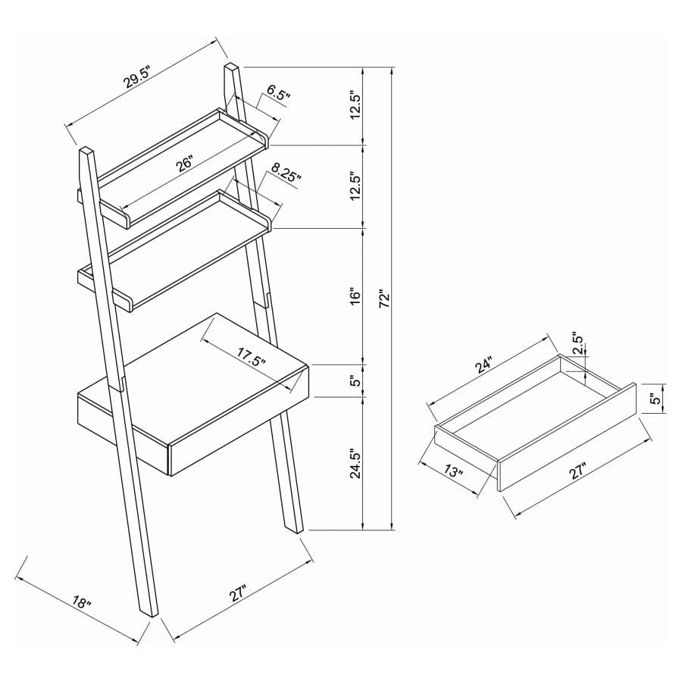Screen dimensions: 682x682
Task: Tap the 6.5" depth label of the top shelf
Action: pyautogui.click(x=278, y=95)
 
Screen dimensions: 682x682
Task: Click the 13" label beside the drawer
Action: pyautogui.click(x=452, y=472)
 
